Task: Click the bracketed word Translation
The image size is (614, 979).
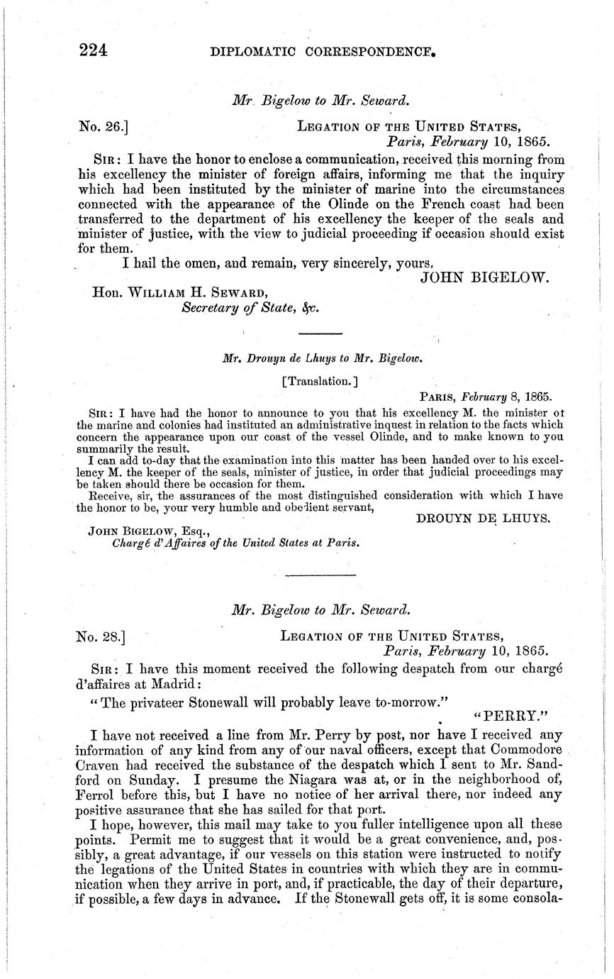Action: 320,381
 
